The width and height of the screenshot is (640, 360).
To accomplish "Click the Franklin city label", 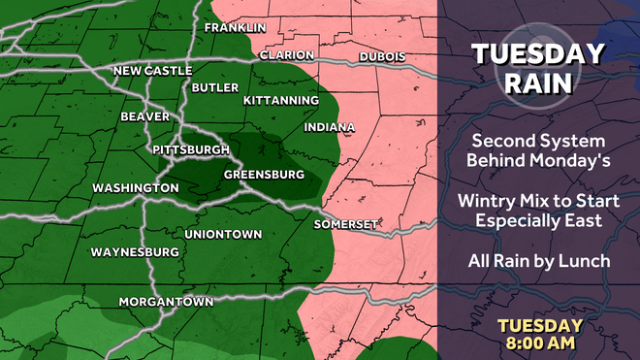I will (235, 27).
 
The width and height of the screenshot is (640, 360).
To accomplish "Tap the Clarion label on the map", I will (286, 55).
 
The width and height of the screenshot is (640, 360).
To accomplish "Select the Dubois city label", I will (382, 57).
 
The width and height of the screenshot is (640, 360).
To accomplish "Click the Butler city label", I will (215, 87).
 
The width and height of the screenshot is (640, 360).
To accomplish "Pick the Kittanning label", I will (281, 101).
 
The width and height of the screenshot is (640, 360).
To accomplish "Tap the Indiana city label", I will (330, 127).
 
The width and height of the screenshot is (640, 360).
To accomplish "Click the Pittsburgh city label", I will (191, 149).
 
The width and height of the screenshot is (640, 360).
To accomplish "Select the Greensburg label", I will (264, 175).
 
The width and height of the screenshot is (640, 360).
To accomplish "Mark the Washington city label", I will (136, 187).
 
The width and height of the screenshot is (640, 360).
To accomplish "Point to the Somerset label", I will (345, 224).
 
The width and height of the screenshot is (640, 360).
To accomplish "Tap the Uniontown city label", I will (223, 235).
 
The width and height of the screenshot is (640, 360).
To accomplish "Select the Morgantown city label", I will (166, 302).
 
